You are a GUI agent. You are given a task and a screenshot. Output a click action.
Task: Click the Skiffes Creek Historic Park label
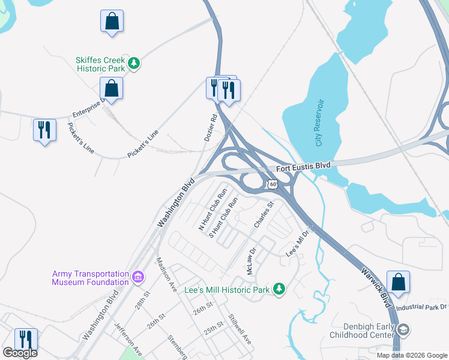pos(100,64)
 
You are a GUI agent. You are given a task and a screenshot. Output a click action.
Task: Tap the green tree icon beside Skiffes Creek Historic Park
pos(135,62)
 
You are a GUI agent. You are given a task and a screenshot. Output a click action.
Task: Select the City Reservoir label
pos(319,123)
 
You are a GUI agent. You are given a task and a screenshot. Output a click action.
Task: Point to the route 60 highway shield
pos(273,184)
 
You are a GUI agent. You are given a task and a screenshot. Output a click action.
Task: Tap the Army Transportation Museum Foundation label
pos(90,278)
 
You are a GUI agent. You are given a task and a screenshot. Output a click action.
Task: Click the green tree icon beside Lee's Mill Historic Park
pos(279,289)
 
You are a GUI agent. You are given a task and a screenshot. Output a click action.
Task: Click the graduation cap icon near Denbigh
pos(404,329)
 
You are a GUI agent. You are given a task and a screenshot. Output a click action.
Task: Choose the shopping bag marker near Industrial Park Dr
pos(398,281)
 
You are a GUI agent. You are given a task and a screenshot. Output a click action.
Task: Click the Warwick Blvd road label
pos(376,282)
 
